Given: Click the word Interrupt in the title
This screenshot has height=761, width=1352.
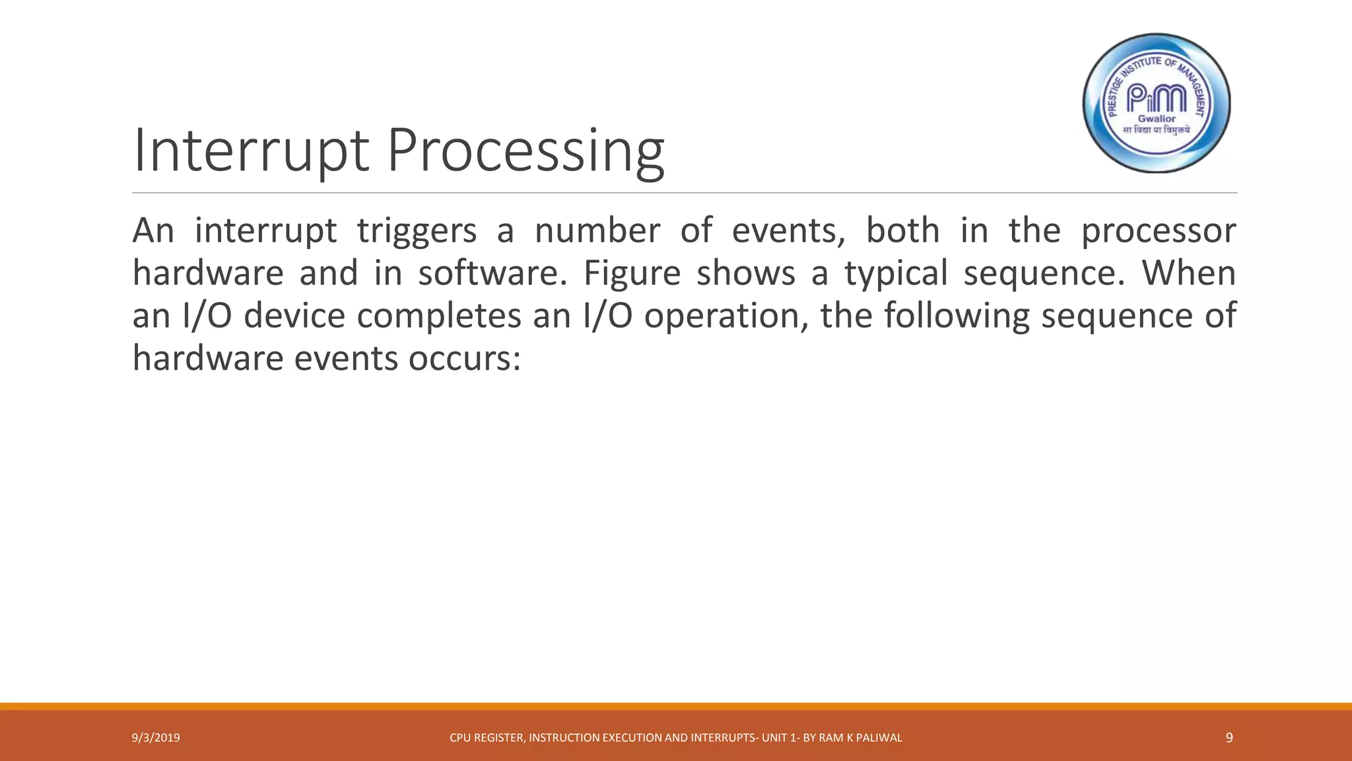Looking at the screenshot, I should (x=250, y=152).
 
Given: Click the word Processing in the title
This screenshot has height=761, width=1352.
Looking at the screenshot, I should (x=525, y=153).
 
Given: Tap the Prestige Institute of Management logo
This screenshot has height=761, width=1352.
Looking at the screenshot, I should (x=1157, y=103).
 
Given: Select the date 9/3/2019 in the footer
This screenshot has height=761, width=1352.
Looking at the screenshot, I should (x=156, y=738).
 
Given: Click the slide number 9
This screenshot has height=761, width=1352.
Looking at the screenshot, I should (x=1229, y=738).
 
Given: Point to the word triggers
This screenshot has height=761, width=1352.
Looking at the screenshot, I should (x=417, y=231).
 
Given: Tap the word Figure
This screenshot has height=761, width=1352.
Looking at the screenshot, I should (x=632, y=273).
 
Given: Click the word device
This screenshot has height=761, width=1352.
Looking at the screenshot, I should (x=294, y=316).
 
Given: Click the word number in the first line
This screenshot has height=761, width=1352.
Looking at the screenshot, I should (x=597, y=231).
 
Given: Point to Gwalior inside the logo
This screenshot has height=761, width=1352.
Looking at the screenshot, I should (x=1157, y=119).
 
